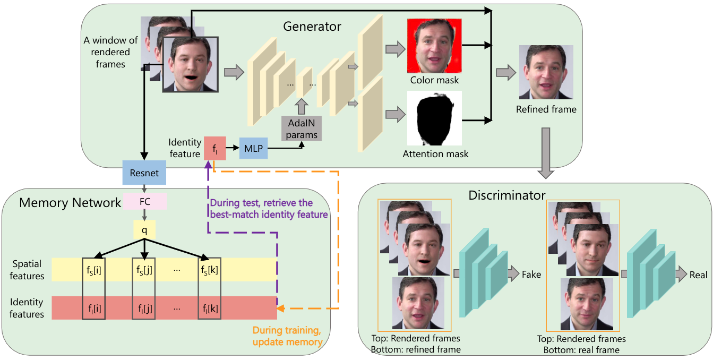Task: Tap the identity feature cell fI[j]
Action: [143, 308]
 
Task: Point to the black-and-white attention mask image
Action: [434, 118]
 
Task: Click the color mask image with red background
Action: [434, 46]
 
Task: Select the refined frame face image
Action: [546, 72]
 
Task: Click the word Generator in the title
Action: [312, 25]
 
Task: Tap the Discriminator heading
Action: [506, 195]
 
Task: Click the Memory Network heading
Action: [70, 202]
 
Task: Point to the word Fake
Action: [531, 275]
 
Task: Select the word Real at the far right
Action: [698, 275]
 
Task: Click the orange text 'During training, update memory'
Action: [287, 336]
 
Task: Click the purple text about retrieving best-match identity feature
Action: [269, 209]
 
